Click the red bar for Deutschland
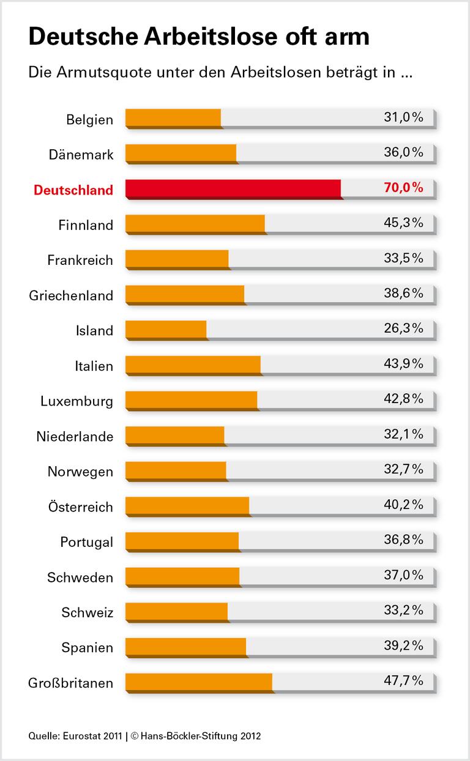click(233, 188)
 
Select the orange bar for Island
click(166, 329)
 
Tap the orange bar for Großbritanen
click(199, 681)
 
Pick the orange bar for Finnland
click(195, 224)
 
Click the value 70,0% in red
click(403, 188)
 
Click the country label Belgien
click(89, 120)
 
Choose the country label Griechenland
click(71, 296)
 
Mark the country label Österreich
click(80, 507)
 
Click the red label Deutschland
click(73, 190)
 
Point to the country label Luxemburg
click(76, 402)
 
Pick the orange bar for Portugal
click(182, 540)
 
